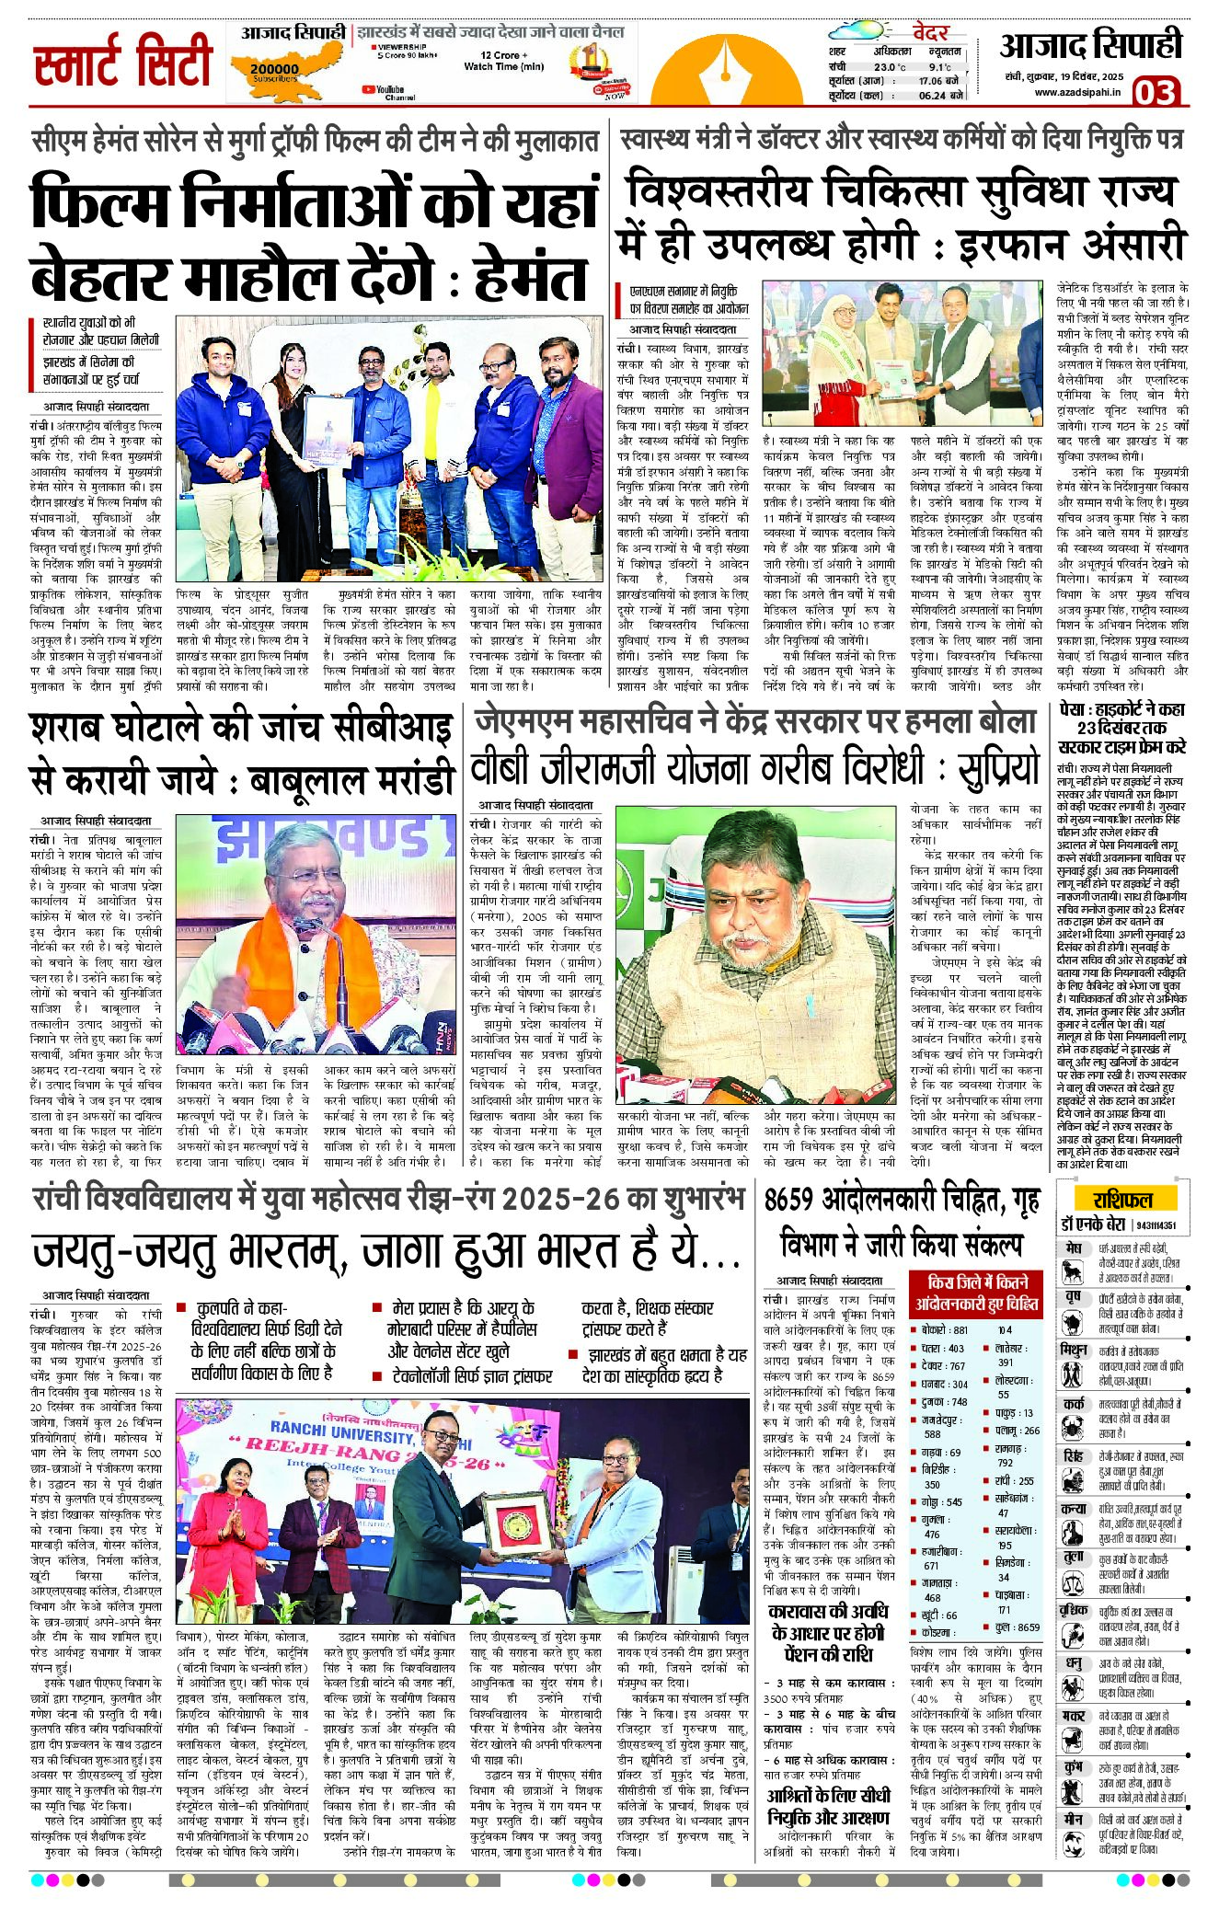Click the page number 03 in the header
coord(1155,92)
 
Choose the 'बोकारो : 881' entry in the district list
coord(945,1330)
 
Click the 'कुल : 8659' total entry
coord(1017,1627)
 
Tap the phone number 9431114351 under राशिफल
coord(1155,1224)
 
